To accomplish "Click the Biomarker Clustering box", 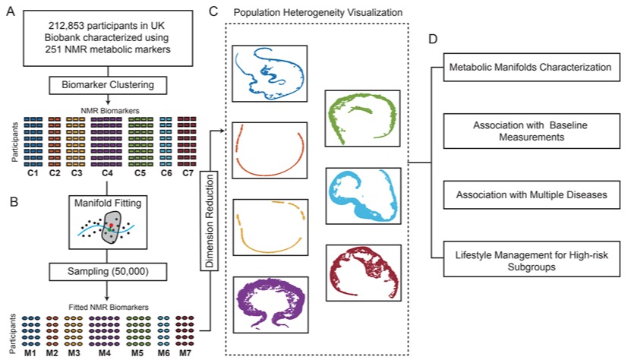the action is click(x=108, y=85).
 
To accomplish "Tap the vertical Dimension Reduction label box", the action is click(x=210, y=221).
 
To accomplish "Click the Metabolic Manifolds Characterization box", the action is click(x=532, y=68).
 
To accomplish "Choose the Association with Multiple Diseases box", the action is click(x=532, y=195).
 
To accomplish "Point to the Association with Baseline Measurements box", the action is click(x=532, y=131).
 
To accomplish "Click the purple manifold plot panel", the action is click(x=271, y=305).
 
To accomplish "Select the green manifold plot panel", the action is click(x=363, y=118).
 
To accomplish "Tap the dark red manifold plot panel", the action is click(x=364, y=273).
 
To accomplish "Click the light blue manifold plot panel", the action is click(x=364, y=196).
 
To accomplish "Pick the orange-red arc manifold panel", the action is click(x=270, y=150).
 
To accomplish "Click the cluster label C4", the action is click(x=106, y=173).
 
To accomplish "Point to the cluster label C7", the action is click(x=188, y=173).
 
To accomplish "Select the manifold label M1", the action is click(x=30, y=352).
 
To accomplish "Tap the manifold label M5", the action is click(x=137, y=352).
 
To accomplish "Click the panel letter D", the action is click(x=433, y=39).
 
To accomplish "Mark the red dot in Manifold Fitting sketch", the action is click(x=111, y=225).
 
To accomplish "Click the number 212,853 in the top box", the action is click(x=66, y=26).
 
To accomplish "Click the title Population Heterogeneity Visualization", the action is click(x=318, y=12).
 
